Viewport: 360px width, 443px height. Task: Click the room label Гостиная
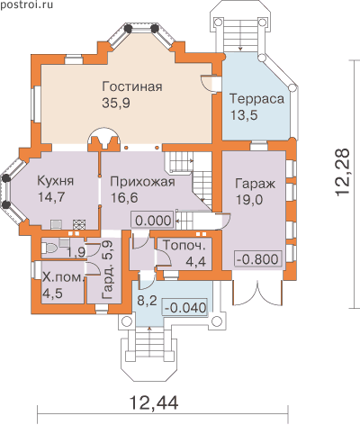132,86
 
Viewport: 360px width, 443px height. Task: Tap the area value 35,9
116,103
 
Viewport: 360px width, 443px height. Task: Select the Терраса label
256,99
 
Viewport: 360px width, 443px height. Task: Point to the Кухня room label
56,181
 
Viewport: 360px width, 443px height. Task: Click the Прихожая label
142,182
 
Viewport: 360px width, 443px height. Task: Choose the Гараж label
255,184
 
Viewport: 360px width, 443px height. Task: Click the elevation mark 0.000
153,221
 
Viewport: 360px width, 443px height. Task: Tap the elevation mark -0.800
257,258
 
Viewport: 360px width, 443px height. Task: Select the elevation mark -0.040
185,308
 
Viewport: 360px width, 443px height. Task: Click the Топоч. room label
184,245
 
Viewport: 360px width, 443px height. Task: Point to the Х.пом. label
62,277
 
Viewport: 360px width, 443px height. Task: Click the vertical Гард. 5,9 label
107,270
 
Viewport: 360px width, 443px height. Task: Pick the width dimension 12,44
154,402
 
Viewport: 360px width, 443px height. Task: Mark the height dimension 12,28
342,173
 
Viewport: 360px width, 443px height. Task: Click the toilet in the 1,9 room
49,248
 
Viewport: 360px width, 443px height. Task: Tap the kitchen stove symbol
79,224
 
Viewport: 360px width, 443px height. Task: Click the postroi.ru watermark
26,5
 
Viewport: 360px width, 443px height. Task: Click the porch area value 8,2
147,300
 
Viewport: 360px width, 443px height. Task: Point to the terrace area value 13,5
244,115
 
